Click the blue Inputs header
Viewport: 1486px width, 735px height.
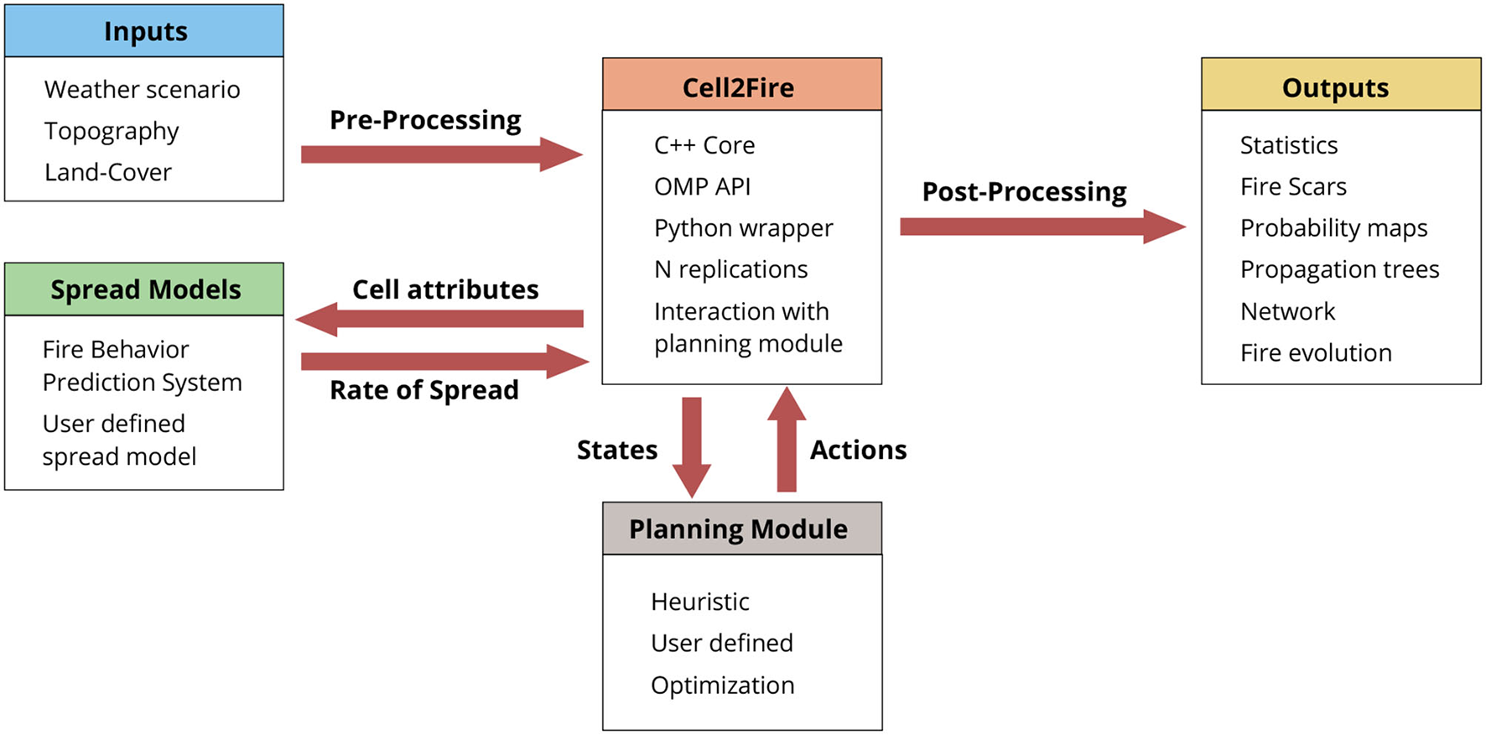click(x=144, y=31)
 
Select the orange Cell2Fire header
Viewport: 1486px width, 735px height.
click(x=741, y=85)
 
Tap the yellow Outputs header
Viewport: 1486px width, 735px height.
click(x=1340, y=85)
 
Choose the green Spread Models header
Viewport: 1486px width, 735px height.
click(x=144, y=289)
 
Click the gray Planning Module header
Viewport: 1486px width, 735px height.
click(x=741, y=529)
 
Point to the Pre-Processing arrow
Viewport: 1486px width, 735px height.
click(x=440, y=154)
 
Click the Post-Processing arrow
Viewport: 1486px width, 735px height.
click(x=1040, y=227)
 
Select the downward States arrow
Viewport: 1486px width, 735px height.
click(x=692, y=445)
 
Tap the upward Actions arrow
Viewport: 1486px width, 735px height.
click(x=786, y=440)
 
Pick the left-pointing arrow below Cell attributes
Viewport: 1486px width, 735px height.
click(x=440, y=319)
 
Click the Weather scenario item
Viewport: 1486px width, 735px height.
click(x=142, y=89)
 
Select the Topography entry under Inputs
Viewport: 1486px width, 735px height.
click(x=112, y=131)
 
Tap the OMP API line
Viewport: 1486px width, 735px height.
click(x=702, y=186)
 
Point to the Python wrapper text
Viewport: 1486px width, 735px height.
click(x=743, y=228)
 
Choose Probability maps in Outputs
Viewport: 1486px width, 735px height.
click(x=1333, y=228)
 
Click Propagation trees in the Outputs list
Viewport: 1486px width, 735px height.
click(x=1339, y=269)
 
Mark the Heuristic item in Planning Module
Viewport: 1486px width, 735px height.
click(x=699, y=602)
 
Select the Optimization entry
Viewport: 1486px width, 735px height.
click(x=722, y=685)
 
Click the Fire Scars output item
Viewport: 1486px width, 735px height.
click(x=1293, y=186)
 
